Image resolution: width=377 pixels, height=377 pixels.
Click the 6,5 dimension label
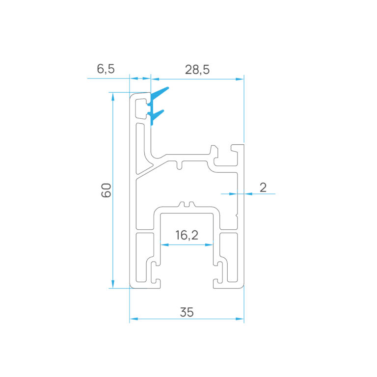coord(106,69)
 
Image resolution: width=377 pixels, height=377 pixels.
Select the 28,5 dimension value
coord(197,70)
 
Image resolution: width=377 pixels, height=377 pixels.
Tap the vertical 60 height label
coord(106,190)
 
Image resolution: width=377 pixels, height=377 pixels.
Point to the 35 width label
coord(187,312)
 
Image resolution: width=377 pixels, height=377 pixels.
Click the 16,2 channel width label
coord(187,235)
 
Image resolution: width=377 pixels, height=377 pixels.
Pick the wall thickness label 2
coord(263,188)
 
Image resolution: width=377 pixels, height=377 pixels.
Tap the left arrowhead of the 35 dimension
coord(134,319)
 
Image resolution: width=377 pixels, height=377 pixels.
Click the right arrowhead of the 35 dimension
coord(240,319)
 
